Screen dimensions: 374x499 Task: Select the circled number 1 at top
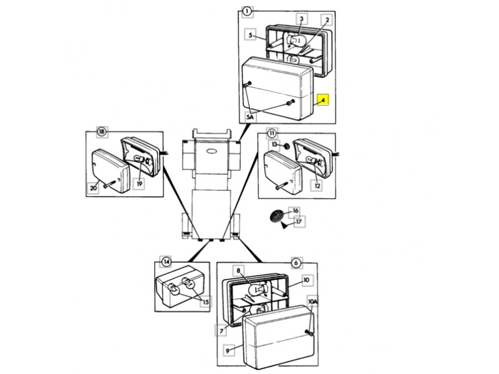(247, 11)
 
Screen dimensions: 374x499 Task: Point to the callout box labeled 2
(326, 20)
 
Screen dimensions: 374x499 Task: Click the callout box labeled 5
(251, 36)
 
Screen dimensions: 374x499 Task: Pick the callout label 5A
(250, 117)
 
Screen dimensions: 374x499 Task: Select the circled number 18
(100, 132)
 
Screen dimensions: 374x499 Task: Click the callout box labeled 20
(93, 186)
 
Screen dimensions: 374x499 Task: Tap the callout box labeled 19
(140, 184)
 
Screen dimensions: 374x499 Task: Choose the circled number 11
(271, 133)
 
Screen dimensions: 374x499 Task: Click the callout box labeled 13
(273, 145)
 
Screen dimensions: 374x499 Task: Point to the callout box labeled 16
(295, 211)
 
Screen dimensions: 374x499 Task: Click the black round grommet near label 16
(275, 217)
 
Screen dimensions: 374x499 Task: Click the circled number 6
(295, 263)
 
